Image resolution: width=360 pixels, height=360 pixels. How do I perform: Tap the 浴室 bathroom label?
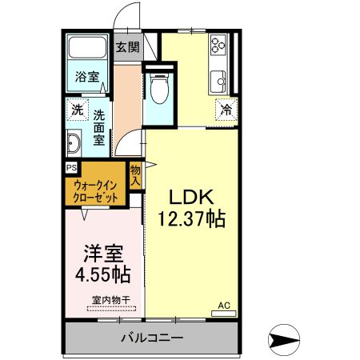click(x=87, y=77)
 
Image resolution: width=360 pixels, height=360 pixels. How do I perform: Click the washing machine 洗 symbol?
click(x=77, y=110)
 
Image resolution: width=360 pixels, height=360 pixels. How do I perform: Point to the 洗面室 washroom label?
click(x=99, y=126)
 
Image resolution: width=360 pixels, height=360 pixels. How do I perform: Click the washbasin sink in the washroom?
click(x=74, y=145)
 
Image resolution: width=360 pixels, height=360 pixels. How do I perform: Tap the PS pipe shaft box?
click(x=71, y=168)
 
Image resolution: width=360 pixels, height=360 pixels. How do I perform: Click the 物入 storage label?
click(x=135, y=175)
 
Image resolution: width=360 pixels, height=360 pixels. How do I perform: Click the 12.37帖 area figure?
click(x=192, y=218)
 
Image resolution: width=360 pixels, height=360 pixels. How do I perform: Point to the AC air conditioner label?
click(x=224, y=306)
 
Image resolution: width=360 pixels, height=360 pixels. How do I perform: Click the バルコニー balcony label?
click(x=152, y=337)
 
